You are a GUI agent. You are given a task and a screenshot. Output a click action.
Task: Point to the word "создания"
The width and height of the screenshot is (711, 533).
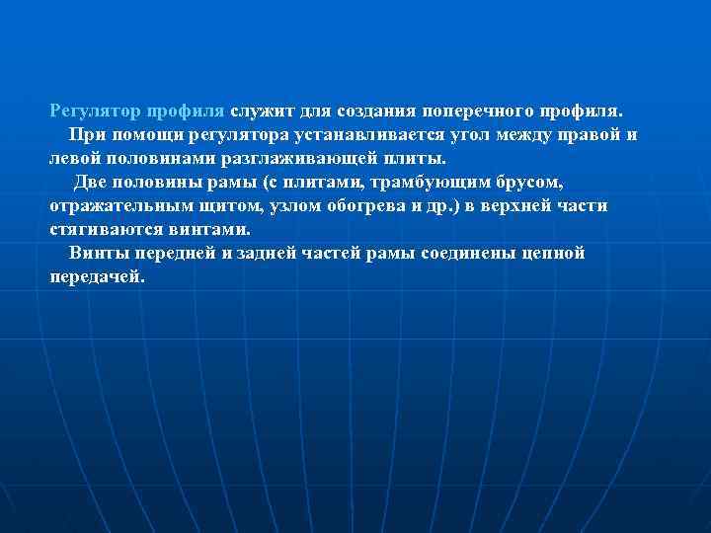pyautogui.click(x=376, y=110)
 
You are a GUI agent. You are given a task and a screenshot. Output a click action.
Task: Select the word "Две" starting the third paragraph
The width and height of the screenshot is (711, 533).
pyautogui.click(x=92, y=182)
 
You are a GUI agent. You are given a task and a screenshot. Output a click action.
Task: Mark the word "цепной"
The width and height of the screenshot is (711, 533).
pyautogui.click(x=553, y=253)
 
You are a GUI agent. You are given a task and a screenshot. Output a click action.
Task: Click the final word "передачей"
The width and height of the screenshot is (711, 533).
pyautogui.click(x=97, y=276)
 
